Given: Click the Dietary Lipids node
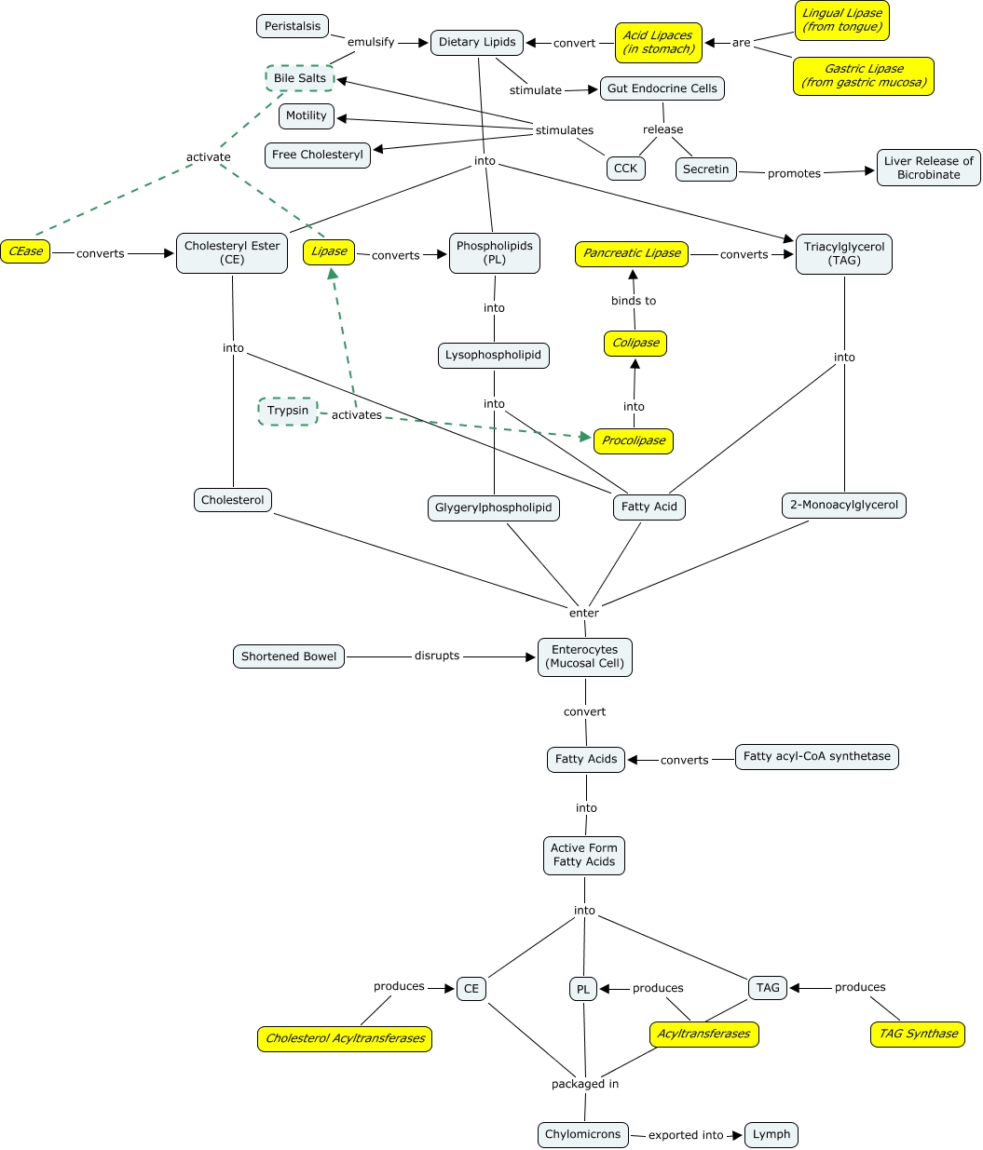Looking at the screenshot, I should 477,42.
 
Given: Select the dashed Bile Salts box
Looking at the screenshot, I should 300,78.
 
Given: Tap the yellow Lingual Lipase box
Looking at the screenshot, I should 842,20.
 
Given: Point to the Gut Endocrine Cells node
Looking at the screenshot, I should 662,88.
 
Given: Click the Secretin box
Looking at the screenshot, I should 706,169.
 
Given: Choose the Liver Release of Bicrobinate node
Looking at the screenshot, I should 928,168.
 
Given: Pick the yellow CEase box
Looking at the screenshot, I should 25,251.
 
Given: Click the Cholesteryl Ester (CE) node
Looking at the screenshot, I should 232,252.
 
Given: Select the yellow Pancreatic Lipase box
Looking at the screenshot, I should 632,253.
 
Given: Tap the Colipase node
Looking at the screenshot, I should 635,343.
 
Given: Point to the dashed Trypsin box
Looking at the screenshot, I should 288,411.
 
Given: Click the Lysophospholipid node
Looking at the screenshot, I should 493,355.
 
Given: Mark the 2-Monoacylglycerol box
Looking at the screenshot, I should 844,505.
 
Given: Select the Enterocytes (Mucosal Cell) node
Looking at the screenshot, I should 585,656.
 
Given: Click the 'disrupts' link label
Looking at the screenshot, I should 437,656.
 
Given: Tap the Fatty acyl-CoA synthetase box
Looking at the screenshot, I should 816,756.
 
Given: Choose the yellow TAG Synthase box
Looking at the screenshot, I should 918,1034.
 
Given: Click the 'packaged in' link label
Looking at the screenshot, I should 585,1084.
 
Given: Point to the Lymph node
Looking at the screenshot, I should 771,1134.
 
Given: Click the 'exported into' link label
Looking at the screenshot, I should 686,1135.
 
